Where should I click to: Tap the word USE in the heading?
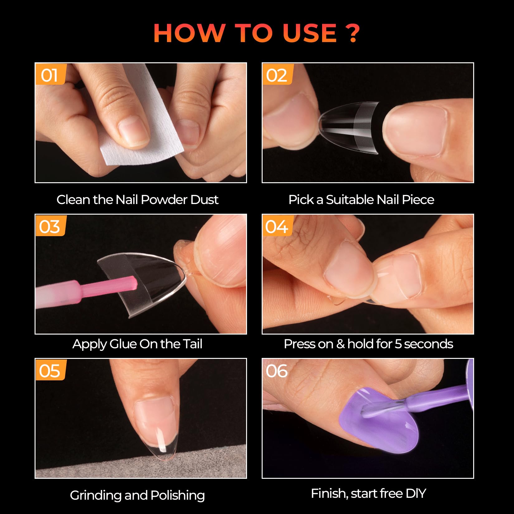pyautogui.click(x=310, y=33)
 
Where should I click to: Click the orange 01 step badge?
pyautogui.click(x=50, y=75)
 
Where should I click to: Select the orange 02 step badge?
pyautogui.click(x=277, y=75)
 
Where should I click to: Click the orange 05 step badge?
pyautogui.click(x=50, y=371)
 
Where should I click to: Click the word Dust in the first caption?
pyautogui.click(x=204, y=200)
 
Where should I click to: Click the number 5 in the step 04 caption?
pyautogui.click(x=398, y=344)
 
